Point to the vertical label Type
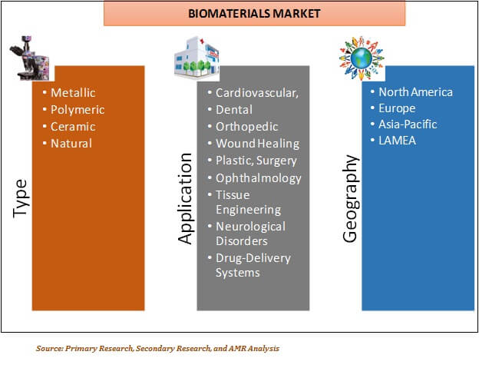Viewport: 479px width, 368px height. [20, 198]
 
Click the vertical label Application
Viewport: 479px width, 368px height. [185, 198]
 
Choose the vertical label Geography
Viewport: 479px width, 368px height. [350, 198]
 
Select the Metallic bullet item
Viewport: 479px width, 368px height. [73, 93]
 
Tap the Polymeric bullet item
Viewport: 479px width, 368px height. [77, 110]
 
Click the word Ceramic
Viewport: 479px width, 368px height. [73, 127]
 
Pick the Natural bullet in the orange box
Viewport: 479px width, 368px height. [71, 144]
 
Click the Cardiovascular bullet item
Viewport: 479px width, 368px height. [256, 93]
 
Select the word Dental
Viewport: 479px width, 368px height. [234, 110]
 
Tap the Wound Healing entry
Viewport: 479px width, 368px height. [257, 144]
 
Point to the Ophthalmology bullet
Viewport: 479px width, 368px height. [257, 177]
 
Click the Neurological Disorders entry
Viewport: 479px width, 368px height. [250, 234]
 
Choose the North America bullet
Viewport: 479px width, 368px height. [416, 92]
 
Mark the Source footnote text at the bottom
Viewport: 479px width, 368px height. [157, 348]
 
